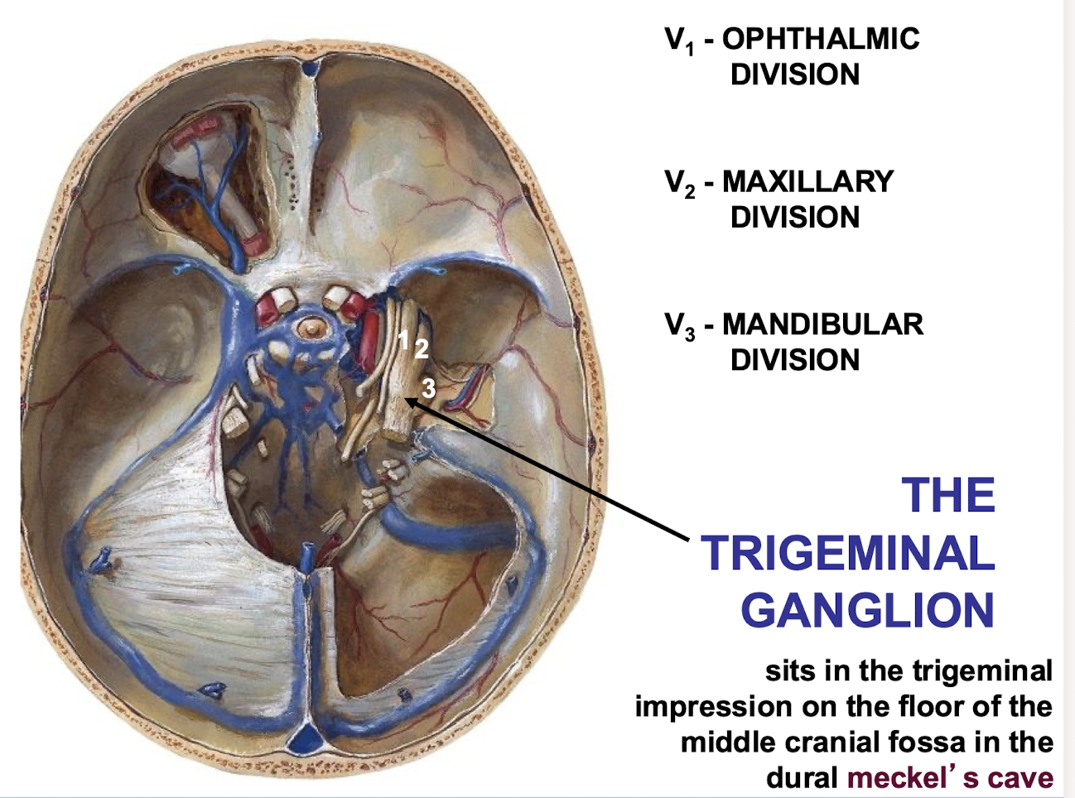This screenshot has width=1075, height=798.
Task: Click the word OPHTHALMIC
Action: coord(821,39)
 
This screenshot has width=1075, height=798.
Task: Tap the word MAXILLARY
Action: coord(807,181)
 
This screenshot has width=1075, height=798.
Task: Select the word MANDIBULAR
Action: coord(822,324)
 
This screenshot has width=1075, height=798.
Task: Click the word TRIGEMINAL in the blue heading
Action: coord(847,553)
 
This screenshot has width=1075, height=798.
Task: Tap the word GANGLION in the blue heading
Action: coord(867,610)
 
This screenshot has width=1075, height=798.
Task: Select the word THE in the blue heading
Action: coord(948,496)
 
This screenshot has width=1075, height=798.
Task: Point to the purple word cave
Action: coord(1021,778)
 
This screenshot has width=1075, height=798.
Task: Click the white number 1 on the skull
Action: coord(403,339)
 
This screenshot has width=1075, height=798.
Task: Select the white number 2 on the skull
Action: coord(421,349)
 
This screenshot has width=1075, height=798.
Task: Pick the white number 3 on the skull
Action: coord(427,387)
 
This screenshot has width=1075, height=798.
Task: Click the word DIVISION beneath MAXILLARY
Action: coord(794,218)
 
